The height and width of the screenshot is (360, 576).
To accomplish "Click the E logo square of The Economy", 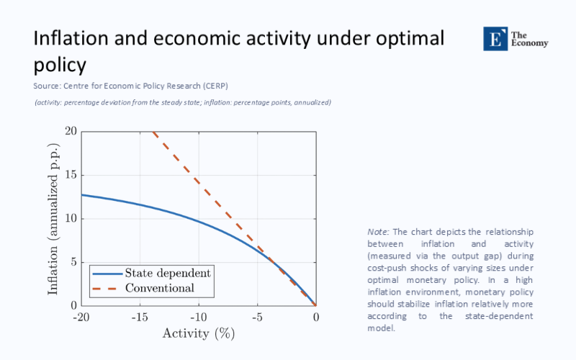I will pos(495,39).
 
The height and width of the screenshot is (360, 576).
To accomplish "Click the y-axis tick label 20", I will pos(71,131).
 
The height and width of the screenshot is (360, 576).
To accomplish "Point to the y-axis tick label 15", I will pos(71,175).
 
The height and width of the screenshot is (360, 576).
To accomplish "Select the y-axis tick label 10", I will pos(71,219).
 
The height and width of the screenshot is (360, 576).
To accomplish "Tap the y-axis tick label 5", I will pos(73,262).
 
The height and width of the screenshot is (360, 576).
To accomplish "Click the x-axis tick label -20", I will pos(81,318).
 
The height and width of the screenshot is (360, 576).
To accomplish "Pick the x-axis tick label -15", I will pos(140,318).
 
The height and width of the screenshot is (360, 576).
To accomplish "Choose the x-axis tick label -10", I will pos(198,318).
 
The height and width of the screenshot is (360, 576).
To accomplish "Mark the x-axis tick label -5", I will pos(257,318).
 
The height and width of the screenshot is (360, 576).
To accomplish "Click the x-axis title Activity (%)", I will pos(199,333).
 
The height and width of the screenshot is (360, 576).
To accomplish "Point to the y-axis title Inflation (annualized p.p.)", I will pos(53,218).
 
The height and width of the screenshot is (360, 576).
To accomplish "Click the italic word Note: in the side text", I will pos(379,232).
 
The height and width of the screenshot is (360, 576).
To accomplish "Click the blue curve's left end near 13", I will pos(82,194).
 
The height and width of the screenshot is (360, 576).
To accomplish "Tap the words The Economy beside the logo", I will pos(529,39).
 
